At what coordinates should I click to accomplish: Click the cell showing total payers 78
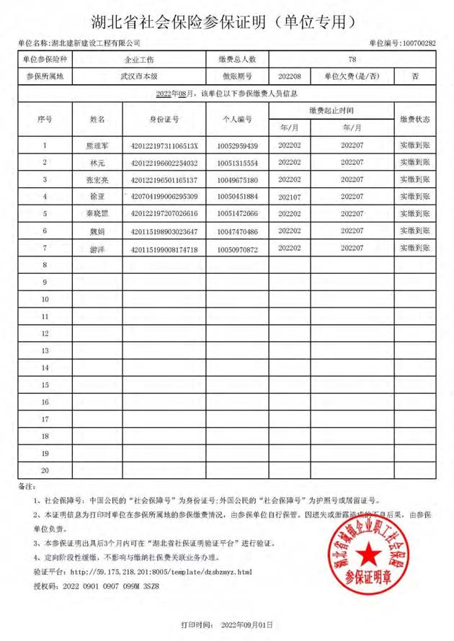pyautogui.click(x=352, y=59)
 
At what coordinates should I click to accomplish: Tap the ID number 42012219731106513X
pyautogui.click(x=165, y=145)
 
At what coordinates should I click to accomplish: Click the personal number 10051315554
pyautogui.click(x=237, y=162)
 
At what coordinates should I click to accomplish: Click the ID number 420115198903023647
pyautogui.click(x=165, y=231)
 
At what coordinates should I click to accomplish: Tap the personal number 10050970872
pyautogui.click(x=237, y=248)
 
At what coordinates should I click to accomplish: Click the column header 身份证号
pyautogui.click(x=165, y=119)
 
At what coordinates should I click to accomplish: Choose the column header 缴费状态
pyautogui.click(x=415, y=119)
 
